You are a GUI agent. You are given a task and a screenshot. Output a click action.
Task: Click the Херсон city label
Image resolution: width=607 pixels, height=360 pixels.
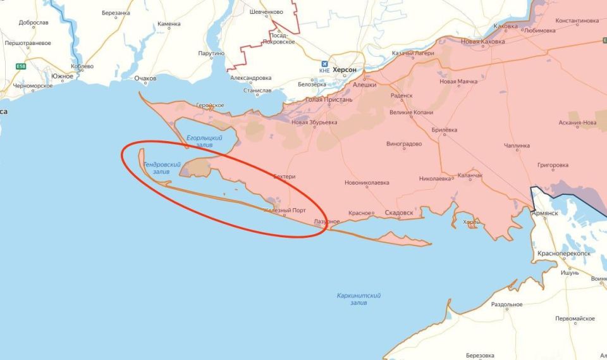(x=345, y=70)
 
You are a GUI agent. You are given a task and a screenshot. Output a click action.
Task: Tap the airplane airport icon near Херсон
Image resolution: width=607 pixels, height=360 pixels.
(x=325, y=65)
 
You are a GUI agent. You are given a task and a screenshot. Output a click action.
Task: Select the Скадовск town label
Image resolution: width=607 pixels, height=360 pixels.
(x=398, y=213)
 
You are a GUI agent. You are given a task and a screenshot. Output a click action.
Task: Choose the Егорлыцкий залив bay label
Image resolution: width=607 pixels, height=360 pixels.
(x=204, y=141)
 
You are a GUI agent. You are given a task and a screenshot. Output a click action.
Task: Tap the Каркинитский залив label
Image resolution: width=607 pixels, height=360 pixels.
(x=358, y=299)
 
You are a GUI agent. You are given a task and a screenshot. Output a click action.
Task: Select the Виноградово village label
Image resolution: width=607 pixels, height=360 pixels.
(x=404, y=144)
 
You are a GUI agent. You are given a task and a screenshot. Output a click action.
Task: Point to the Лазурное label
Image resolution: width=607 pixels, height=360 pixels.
(x=327, y=221)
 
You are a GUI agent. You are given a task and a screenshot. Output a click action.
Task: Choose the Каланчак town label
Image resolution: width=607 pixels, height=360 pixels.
(x=470, y=175)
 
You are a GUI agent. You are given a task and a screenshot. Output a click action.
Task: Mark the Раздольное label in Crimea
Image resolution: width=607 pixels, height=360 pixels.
(x=506, y=304)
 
